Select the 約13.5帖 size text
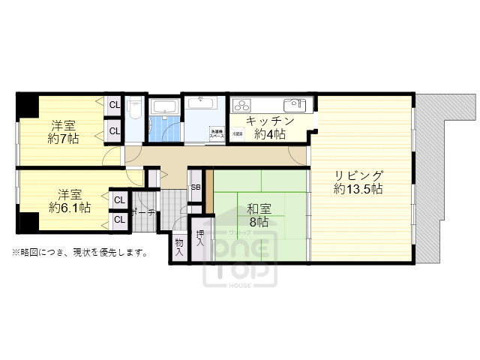(x=359, y=190)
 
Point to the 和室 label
(x=258, y=209)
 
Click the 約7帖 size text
(x=63, y=139)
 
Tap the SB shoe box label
(x=195, y=187)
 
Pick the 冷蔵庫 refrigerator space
(x=237, y=133)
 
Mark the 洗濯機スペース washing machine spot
(x=216, y=132)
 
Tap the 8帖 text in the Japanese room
(x=258, y=223)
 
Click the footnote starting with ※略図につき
(x=79, y=252)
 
